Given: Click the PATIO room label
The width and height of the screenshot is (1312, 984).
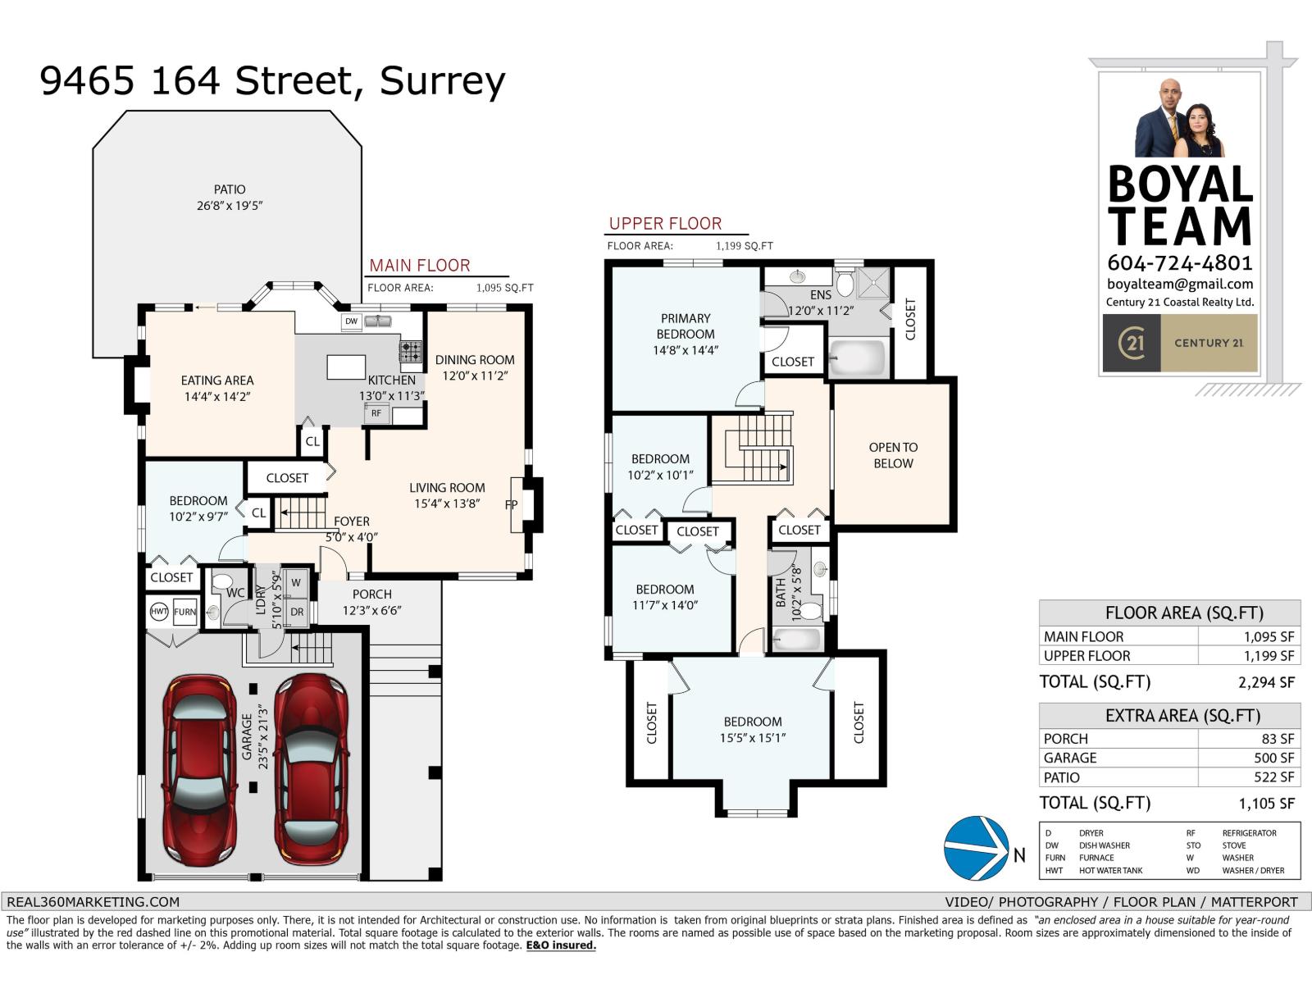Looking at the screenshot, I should (x=230, y=189).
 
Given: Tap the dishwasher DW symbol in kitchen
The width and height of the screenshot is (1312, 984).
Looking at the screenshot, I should (x=351, y=321).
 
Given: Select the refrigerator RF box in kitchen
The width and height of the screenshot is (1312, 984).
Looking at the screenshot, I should (x=376, y=413).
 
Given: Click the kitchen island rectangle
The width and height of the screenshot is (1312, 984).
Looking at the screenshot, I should (x=346, y=367).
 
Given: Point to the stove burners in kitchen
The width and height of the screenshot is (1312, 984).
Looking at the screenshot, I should (x=410, y=352).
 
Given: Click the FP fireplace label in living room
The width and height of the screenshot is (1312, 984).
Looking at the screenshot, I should (x=511, y=505).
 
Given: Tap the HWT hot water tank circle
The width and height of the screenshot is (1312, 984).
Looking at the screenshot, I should (x=158, y=612).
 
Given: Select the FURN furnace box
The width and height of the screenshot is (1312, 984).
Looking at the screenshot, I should (x=184, y=612).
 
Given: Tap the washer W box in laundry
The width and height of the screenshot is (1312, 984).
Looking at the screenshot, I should (x=296, y=583).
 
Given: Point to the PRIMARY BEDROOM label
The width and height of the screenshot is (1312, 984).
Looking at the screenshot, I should (x=686, y=326).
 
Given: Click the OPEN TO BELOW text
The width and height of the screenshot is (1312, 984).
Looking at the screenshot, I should (x=893, y=455).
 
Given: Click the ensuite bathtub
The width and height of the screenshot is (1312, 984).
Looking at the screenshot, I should (x=857, y=359).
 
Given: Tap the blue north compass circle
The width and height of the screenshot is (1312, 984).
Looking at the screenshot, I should (x=976, y=848).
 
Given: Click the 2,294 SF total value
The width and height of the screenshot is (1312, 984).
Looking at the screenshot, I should (x=1266, y=682).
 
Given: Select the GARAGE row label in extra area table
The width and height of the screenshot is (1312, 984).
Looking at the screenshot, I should (x=1070, y=758).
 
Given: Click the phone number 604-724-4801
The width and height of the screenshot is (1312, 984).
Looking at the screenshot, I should (x=1179, y=262).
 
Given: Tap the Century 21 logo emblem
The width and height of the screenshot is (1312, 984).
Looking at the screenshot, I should (x=1132, y=343).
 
